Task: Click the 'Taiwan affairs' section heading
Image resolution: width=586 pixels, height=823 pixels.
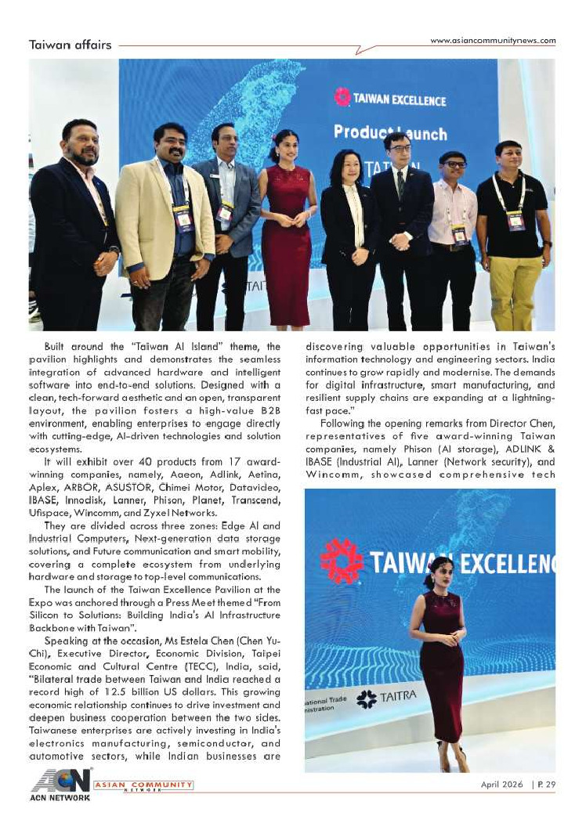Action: (x=70, y=45)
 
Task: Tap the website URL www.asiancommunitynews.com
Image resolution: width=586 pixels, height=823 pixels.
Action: (x=493, y=41)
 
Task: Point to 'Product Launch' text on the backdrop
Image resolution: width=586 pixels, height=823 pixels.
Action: (x=390, y=132)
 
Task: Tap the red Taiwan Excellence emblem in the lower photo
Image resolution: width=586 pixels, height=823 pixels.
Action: (x=341, y=561)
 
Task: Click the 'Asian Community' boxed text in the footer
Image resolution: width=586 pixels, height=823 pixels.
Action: (x=144, y=785)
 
